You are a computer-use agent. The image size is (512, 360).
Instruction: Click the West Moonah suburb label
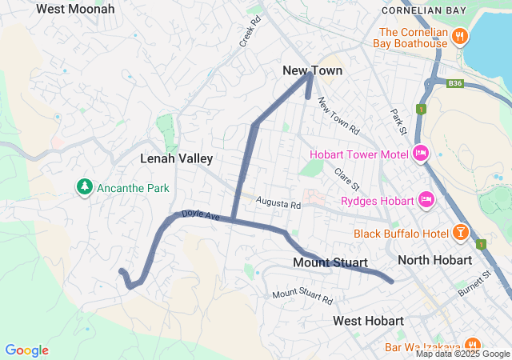coord(75,9)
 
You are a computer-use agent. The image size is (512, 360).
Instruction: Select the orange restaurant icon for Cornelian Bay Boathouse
coord(459,36)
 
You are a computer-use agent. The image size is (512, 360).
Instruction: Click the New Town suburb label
coord(312,71)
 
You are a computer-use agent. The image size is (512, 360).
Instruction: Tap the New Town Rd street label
coord(338,116)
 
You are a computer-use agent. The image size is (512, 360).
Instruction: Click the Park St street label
coord(398,121)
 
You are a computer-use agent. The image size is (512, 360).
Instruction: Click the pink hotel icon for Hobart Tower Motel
coord(421,154)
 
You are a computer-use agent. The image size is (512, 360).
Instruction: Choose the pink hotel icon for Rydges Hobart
coord(426,199)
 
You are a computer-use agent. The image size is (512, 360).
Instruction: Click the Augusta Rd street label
coord(278,205)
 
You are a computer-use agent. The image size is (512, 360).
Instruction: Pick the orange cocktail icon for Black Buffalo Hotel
coord(460,234)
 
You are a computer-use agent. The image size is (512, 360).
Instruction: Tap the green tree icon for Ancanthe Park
coord(83,186)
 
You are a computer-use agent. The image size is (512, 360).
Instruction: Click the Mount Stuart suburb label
coord(330,262)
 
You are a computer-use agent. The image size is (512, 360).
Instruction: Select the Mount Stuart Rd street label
coord(302,297)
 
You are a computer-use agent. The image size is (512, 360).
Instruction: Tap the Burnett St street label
coord(474,286)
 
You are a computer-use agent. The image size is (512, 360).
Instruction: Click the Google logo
coord(26,350)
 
